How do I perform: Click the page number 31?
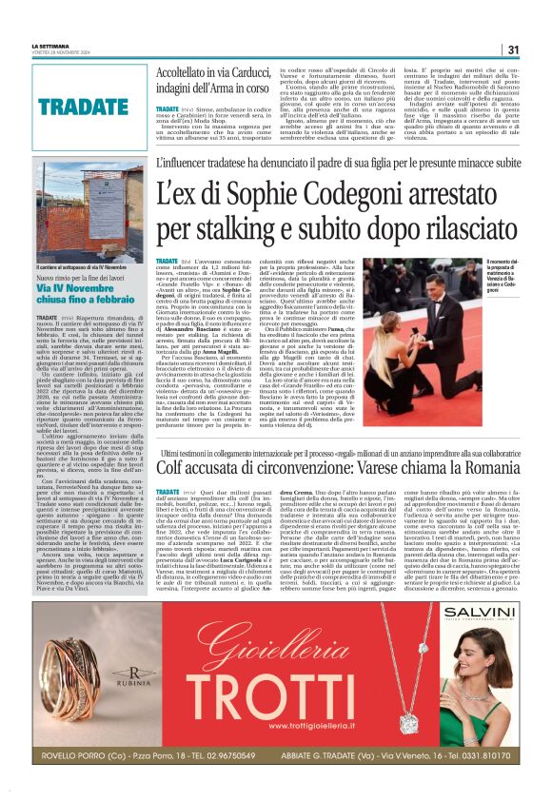pyautogui.click(x=512, y=49)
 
